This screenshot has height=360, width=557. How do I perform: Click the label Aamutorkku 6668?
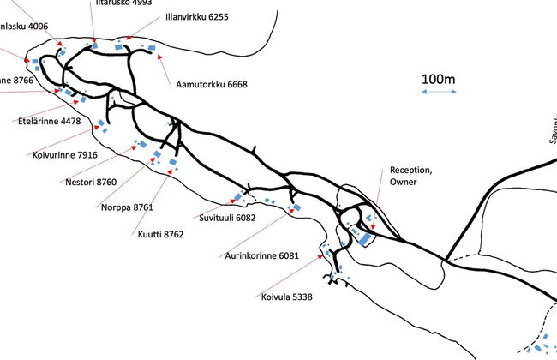[x=211, y=84]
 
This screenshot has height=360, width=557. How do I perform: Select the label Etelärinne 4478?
[x=49, y=121]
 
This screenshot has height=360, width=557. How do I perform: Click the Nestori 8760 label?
[x=90, y=182]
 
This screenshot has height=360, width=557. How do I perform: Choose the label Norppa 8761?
[x=126, y=207]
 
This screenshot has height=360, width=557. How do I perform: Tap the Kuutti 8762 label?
[x=160, y=233]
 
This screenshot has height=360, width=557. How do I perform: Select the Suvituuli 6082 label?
[x=228, y=218]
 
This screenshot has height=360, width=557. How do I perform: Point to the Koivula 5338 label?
[x=287, y=297]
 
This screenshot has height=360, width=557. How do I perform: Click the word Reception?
[x=410, y=170]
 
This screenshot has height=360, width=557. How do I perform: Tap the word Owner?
[x=402, y=183]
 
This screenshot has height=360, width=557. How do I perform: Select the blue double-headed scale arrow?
[x=438, y=93]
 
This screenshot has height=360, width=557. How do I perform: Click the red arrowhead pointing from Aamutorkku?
[x=159, y=56]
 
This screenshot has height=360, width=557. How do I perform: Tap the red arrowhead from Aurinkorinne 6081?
[x=291, y=207]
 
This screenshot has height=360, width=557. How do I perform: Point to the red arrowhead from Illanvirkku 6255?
[x=128, y=39]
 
